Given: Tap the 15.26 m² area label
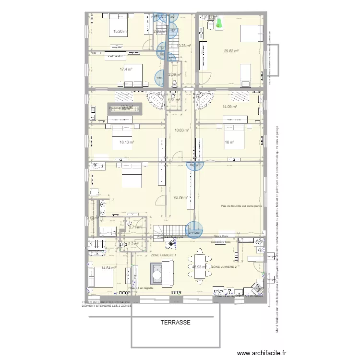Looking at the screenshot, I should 120,32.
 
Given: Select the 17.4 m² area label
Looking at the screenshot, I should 126,69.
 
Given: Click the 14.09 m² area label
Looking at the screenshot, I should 230,107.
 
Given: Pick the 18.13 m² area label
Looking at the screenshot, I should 126,142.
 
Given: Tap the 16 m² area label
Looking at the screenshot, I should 229,142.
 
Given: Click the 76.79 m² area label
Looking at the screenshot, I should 180,197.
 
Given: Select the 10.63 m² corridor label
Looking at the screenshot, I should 181,130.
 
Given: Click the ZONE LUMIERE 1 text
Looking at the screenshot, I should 164,255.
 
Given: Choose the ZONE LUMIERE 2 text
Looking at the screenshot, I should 224,266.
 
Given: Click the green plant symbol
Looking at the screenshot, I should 219,24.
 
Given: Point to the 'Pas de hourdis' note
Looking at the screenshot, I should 241,206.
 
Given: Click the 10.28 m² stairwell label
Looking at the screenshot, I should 184,46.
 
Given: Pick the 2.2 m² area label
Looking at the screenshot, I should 133,244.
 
